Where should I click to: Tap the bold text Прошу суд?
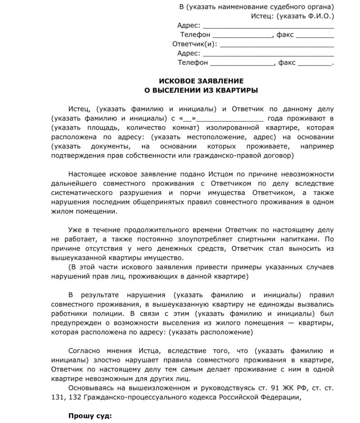(90, 415)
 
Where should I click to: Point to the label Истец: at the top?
(261, 16)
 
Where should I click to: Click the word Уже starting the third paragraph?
(75, 229)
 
